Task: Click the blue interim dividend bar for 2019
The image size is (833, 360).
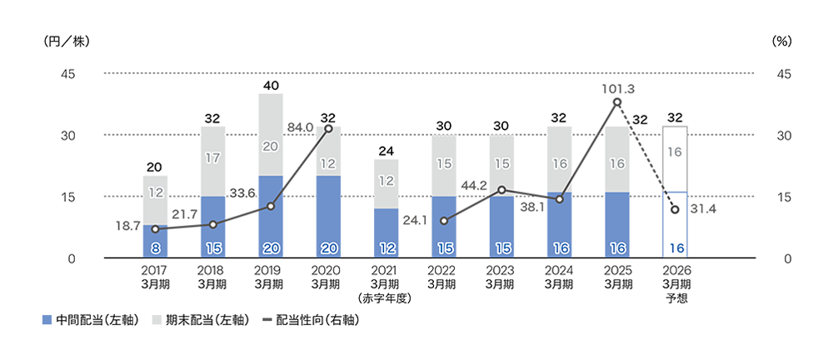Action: click(271, 217)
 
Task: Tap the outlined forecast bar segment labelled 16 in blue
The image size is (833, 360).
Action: click(676, 225)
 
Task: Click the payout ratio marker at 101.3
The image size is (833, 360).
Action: click(617, 102)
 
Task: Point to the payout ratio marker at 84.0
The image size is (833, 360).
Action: click(328, 128)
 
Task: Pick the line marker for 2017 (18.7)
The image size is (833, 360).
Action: click(155, 228)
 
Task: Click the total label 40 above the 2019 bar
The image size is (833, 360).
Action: click(271, 86)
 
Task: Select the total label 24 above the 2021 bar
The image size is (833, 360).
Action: click(387, 151)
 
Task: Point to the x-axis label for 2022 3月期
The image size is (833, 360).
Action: click(444, 277)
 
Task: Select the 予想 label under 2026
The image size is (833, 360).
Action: click(676, 297)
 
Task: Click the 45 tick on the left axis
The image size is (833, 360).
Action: click(67, 73)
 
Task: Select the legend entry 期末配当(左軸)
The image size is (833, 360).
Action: click(201, 320)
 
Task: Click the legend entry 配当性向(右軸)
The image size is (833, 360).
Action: click(310, 320)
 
